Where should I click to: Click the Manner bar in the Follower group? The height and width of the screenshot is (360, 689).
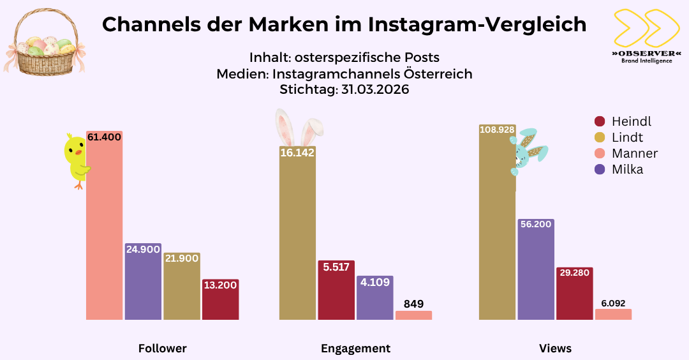click(104, 230)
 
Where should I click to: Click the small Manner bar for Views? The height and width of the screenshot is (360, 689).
click(613, 314)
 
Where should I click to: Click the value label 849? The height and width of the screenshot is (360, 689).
click(413, 304)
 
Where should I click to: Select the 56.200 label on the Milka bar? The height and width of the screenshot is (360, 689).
click(536, 225)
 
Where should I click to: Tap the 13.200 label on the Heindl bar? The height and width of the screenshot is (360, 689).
click(220, 285)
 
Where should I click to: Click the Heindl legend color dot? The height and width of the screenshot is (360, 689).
click(599, 121)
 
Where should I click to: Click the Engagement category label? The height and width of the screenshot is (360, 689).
click(355, 349)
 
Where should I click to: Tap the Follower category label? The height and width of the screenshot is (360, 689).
click(163, 349)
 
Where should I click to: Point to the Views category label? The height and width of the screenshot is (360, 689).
click(555, 349)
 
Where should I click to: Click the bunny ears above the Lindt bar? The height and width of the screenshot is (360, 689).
click(298, 128)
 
